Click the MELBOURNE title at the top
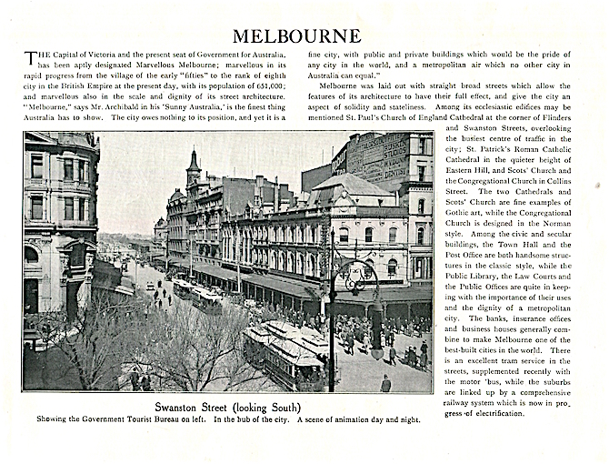296,36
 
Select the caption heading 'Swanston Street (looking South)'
227,407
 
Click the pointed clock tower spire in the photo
193,164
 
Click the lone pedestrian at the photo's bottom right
385,383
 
